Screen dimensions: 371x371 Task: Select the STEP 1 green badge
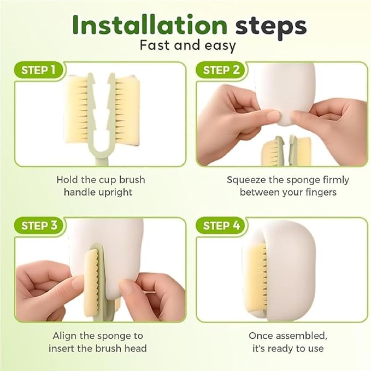tap(38, 70)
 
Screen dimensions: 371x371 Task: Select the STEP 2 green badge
tap(221, 70)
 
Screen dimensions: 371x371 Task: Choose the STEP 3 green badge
tap(38, 225)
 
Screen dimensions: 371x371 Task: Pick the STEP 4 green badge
tap(221, 225)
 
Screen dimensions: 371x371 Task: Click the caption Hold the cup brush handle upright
tap(101, 186)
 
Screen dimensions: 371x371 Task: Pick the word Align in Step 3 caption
tap(65, 335)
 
